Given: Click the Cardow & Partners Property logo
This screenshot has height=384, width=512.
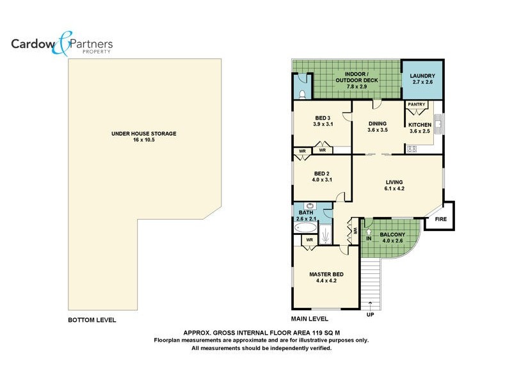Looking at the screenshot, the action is (61, 44).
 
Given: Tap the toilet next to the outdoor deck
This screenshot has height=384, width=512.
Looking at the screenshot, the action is (302, 94).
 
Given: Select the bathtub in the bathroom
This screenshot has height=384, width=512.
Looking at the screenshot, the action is (305, 228).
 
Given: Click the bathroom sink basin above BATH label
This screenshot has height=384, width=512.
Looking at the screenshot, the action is (310, 206).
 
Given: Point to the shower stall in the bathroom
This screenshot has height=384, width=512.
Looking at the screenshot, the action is (325, 234).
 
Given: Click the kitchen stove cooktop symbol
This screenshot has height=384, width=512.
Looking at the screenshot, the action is (412, 149).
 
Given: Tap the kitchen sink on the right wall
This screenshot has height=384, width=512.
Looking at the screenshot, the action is (438, 124).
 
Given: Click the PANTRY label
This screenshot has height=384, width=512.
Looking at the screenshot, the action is (417, 104).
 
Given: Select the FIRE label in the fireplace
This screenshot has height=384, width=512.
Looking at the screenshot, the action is (440, 219).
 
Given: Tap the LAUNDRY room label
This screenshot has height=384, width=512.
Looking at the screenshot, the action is (422, 76).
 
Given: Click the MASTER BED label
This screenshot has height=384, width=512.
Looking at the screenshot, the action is (326, 275).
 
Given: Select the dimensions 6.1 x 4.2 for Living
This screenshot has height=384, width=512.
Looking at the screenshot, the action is (394, 188).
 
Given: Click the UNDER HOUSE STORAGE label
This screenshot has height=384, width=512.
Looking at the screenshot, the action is (143, 134).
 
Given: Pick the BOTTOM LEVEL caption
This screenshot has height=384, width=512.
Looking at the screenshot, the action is (92, 320).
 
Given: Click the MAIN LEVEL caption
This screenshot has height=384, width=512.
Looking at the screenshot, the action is (310, 319).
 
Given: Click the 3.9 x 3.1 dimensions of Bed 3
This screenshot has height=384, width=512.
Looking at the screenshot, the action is (323, 124).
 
